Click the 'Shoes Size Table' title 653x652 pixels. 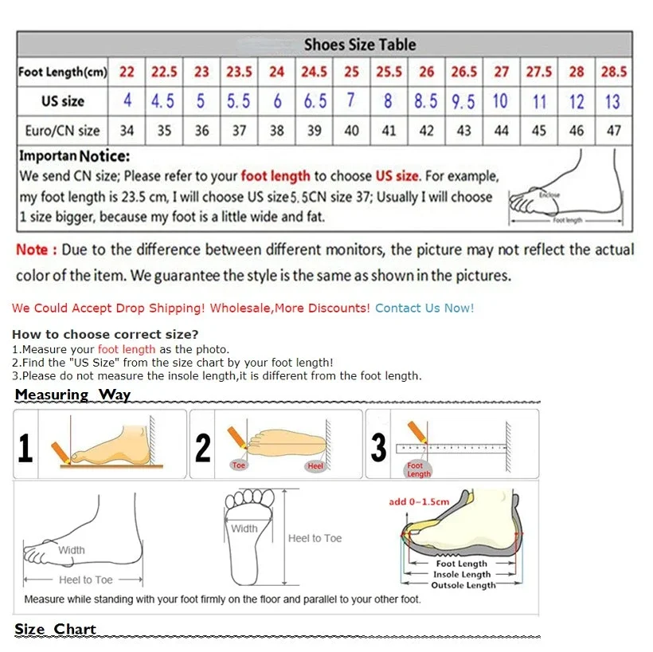tap(359, 45)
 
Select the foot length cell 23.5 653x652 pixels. tap(239, 72)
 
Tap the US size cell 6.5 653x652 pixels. tap(315, 101)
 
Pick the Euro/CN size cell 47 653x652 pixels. tap(613, 130)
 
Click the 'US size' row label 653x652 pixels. tap(63, 101)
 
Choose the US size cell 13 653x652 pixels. tap(612, 101)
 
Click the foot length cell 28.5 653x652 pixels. tap(613, 72)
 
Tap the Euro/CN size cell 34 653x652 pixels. tap(127, 130)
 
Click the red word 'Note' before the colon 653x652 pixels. tap(33, 249)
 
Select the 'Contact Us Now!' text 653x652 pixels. tap(424, 308)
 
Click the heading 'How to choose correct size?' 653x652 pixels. tap(105, 334)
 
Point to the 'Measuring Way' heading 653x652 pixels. tap(72, 395)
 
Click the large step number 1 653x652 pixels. tap(25, 448)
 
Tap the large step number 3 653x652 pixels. tap(379, 448)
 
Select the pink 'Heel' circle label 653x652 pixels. tap(315, 465)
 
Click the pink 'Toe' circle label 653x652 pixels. tap(239, 465)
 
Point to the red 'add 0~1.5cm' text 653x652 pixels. tap(419, 501)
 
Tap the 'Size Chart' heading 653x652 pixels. tap(55, 629)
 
